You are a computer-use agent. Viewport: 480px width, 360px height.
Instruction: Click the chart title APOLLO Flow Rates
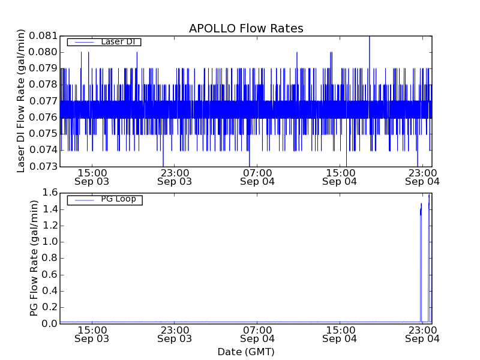pos(246,28)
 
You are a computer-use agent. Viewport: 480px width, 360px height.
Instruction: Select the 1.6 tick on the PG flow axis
pos(49,193)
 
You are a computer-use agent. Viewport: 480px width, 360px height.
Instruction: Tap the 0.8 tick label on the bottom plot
pos(49,259)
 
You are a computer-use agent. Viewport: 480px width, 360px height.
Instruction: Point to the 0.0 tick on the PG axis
pos(49,324)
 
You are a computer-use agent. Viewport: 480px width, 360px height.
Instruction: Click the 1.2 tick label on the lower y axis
pos(49,226)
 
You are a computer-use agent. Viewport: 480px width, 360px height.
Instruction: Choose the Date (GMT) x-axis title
pos(246,352)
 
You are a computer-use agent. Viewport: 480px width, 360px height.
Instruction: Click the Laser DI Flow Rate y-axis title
pos(21,101)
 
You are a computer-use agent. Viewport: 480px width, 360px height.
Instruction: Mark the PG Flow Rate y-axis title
pos(34,258)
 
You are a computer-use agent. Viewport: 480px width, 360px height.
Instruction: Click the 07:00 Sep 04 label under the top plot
pos(257,176)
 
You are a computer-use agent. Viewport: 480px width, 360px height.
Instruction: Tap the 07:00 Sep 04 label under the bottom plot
pos(257,334)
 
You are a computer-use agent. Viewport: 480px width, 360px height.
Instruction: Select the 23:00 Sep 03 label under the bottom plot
pos(175,334)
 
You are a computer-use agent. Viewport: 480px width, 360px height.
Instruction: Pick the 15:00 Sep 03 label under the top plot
pos(92,176)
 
